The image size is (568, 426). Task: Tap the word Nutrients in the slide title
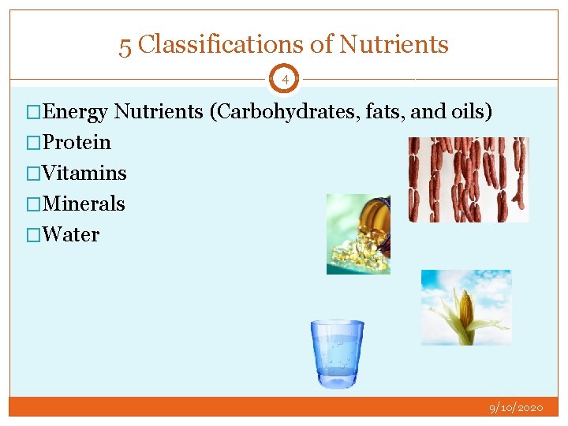coord(394,45)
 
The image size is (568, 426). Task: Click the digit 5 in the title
coord(125,46)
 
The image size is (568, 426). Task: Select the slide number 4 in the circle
coord(285,79)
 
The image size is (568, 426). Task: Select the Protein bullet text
coord(77,143)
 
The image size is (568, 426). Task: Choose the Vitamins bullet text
coord(84,174)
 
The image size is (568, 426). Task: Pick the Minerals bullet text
coord(84,204)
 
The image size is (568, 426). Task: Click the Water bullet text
coord(71,235)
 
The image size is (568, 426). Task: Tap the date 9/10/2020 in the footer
coord(516,408)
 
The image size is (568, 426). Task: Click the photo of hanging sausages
coord(468,180)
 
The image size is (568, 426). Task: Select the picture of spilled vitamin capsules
coord(358,234)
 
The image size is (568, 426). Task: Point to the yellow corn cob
coord(466,311)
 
